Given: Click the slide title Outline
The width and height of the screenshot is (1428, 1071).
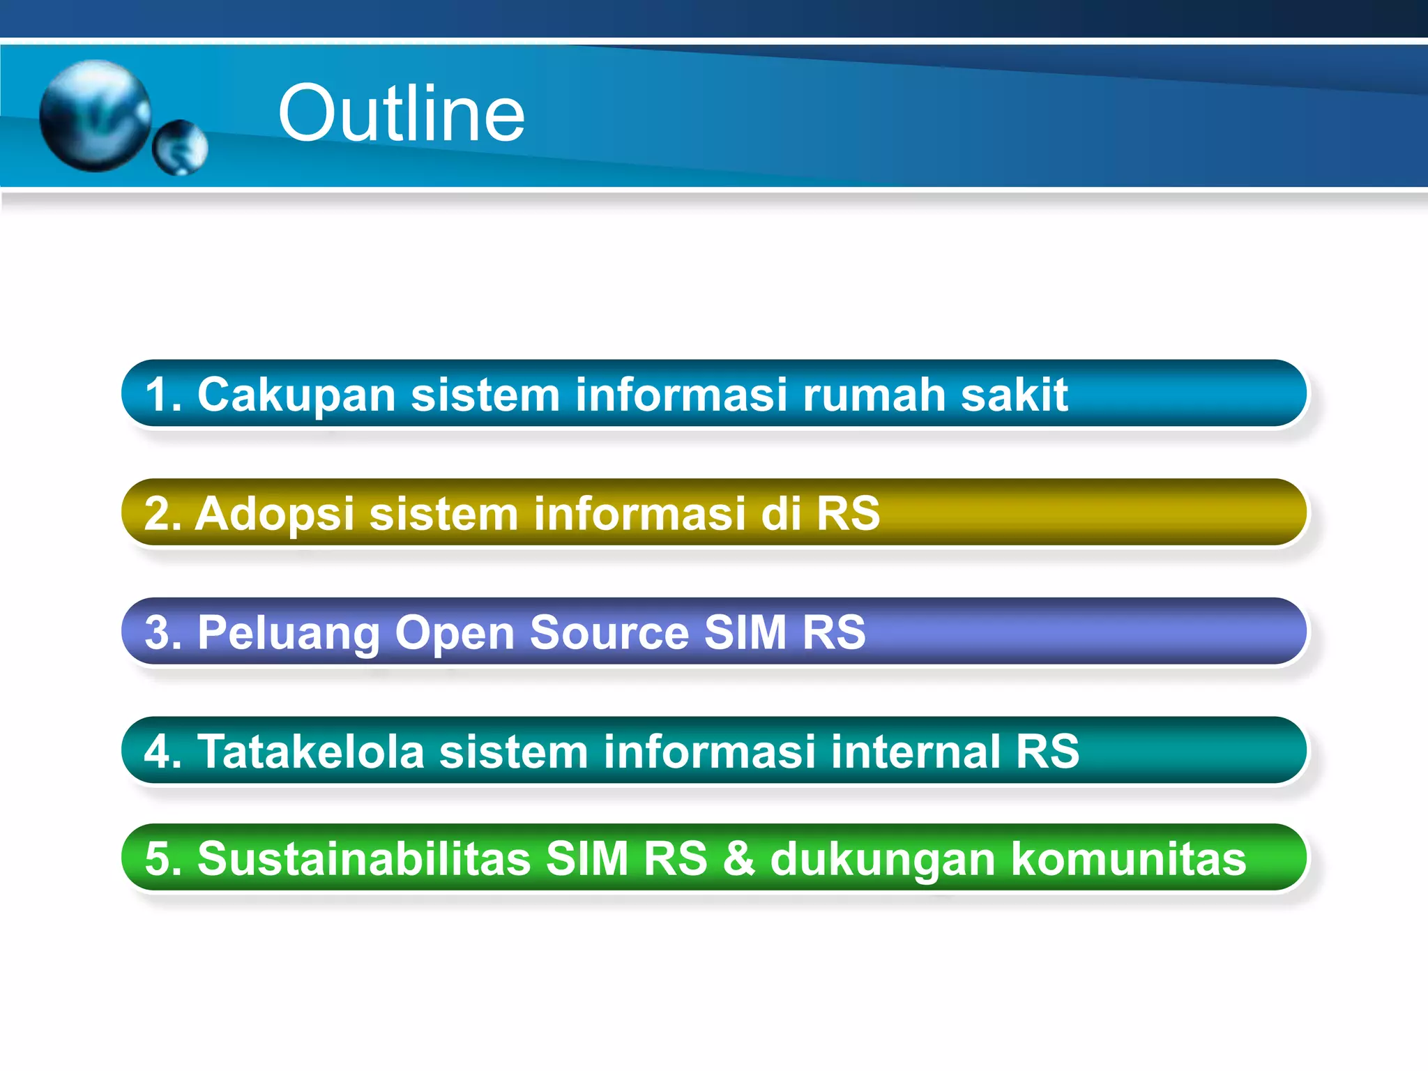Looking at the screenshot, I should pyautogui.click(x=401, y=114).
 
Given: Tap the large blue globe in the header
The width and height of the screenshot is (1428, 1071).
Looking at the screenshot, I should pyautogui.click(x=95, y=116).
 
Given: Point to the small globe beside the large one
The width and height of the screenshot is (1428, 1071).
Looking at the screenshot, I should pyautogui.click(x=180, y=148).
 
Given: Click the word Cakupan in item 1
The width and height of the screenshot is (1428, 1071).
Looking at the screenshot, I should pyautogui.click(x=296, y=395).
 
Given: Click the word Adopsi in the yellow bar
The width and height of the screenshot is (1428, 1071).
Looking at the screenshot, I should pyautogui.click(x=275, y=514).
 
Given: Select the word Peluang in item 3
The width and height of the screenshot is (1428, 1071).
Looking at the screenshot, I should pyautogui.click(x=288, y=633).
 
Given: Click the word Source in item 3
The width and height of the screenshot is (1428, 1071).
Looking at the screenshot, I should pyautogui.click(x=609, y=632).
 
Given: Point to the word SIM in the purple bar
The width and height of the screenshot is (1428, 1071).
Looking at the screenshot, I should pyautogui.click(x=745, y=632).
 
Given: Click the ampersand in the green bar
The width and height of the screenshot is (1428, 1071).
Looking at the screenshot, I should pyautogui.click(x=738, y=858).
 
